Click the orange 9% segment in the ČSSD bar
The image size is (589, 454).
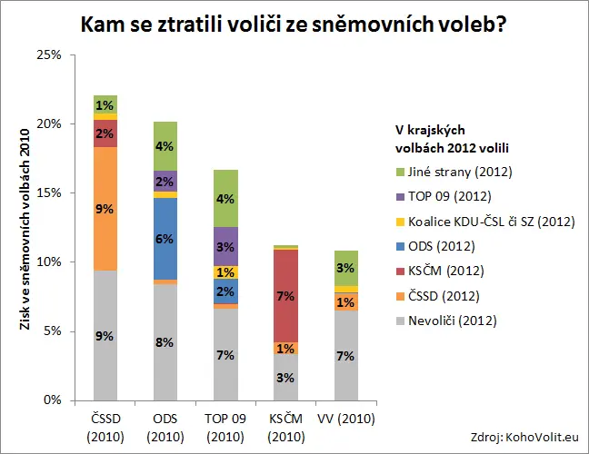tap(105, 209)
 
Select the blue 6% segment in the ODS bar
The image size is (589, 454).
tap(165, 239)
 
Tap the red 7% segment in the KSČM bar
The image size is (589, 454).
tap(285, 296)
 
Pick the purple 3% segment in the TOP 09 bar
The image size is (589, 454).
tap(225, 246)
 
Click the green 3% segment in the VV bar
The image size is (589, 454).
tap(346, 268)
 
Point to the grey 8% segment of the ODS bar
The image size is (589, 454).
tap(165, 342)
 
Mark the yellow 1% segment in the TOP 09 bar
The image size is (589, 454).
tap(225, 272)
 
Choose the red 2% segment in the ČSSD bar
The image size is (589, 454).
tap(105, 133)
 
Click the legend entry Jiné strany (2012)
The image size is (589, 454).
tap(454, 172)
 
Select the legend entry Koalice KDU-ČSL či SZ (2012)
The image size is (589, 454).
tap(485, 222)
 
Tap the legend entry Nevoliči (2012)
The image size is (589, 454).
tap(446, 321)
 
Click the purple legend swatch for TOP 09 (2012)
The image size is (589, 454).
tap(401, 197)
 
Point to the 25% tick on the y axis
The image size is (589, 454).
tap(73, 54)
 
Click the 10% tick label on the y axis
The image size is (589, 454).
tap(49, 262)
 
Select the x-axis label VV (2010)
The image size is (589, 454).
tap(346, 419)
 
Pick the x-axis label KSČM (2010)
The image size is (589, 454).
tap(285, 428)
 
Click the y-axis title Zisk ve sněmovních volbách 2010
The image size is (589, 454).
tap(25, 229)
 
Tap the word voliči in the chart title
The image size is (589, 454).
tap(252, 25)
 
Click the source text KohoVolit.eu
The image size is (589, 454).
tap(542, 438)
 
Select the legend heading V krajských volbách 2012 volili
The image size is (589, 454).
tap(452, 139)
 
